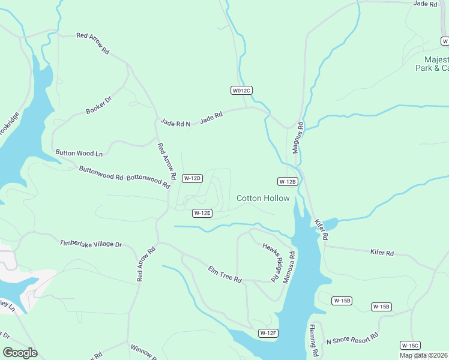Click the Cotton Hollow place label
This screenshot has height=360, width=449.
point(263,198)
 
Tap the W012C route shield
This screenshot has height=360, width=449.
point(241,90)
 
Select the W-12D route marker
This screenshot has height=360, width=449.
point(192,178)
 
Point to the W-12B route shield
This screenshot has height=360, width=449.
point(288,181)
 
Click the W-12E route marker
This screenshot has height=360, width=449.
point(202,213)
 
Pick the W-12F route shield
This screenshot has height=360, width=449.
point(268,333)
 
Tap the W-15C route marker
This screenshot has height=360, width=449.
point(410,345)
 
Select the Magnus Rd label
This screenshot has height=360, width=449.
point(296,138)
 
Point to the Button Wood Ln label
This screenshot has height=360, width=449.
point(79,153)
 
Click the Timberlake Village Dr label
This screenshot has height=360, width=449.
point(90,244)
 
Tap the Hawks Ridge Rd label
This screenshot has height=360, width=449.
point(272,262)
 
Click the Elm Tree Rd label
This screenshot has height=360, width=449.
point(224,274)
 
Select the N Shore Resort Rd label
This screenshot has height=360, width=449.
point(352,338)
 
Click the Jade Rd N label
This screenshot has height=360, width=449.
point(175,124)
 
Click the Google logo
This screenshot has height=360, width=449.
point(20,353)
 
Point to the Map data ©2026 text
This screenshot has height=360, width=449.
point(424,355)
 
